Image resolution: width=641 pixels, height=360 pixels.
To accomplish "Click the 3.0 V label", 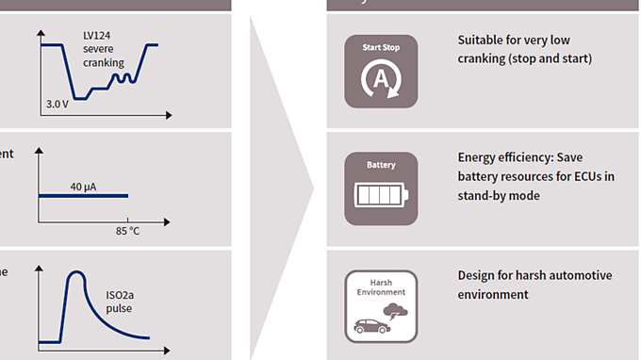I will (58, 104).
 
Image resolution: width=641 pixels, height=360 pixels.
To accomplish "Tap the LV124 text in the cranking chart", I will (98, 36).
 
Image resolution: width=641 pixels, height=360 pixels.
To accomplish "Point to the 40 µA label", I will (83, 187).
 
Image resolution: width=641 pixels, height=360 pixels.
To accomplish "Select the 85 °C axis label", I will (128, 231).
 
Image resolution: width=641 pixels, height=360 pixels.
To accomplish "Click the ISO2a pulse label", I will (121, 300).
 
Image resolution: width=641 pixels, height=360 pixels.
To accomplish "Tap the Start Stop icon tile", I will (381, 72).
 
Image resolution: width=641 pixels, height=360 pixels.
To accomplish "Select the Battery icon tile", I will (381, 188).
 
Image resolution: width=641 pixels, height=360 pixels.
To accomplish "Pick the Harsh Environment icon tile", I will (381, 305).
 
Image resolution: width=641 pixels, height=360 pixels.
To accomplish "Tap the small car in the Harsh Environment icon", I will (371, 326).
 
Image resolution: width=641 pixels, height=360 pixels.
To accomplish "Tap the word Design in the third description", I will (477, 275).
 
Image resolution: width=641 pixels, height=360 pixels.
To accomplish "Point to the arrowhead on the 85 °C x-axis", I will (167, 222).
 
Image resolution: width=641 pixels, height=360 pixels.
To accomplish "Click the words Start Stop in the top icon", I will (381, 46).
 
